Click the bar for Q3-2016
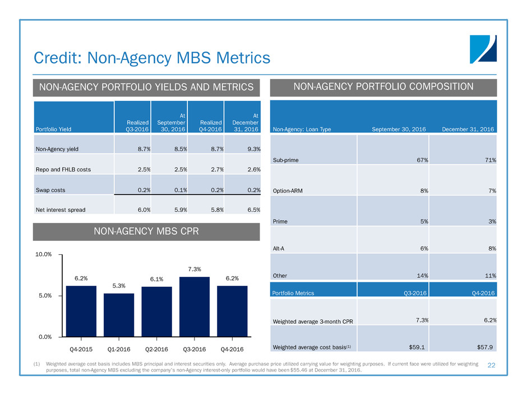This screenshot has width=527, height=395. (195, 306)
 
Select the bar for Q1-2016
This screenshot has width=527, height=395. (119, 315)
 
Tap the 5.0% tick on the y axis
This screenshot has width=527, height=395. (44, 295)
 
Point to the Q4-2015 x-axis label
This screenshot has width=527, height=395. (81, 350)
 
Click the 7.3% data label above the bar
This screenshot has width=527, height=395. (195, 269)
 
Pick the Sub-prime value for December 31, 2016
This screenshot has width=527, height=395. (491, 160)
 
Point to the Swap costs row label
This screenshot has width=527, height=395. (50, 190)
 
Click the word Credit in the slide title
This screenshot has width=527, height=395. (56, 57)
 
